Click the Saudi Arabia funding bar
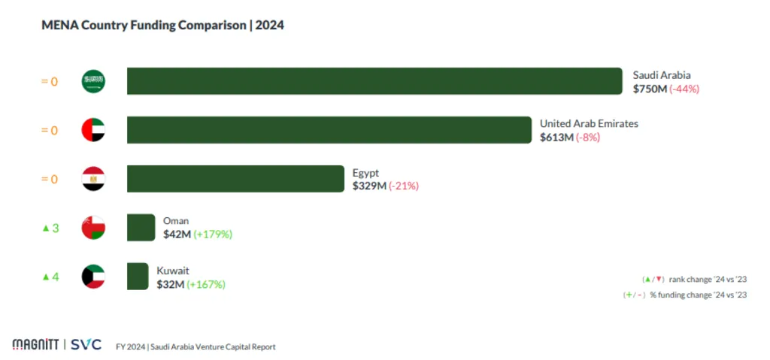(374, 81)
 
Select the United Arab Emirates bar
(329, 130)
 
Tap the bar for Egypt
(235, 179)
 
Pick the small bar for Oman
(141, 228)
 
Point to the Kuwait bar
(138, 277)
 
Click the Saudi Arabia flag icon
(93, 81)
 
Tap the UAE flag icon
(93, 130)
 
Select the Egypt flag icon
(93, 179)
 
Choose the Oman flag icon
(93, 228)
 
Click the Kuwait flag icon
(93, 277)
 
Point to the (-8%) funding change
(588, 138)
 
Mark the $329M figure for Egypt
(368, 186)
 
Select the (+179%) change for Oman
(213, 234)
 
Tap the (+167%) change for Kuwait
(206, 284)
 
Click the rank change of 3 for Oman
(50, 228)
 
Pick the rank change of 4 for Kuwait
(50, 277)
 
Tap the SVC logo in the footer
(86, 345)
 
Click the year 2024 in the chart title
(269, 26)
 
